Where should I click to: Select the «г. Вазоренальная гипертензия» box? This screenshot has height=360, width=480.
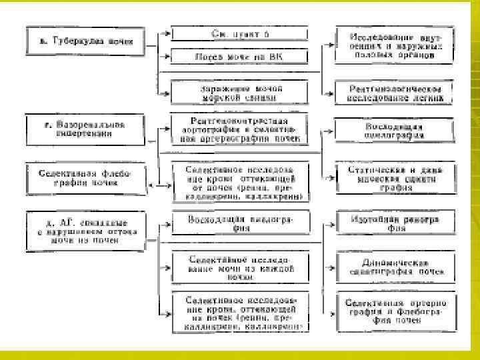(x=85, y=128)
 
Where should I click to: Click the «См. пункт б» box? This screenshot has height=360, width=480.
(x=239, y=33)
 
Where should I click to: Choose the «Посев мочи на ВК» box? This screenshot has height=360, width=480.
(x=239, y=57)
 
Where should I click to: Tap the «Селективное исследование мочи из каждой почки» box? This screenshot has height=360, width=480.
(x=239, y=266)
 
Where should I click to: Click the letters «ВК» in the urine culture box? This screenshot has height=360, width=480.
(x=275, y=57)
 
